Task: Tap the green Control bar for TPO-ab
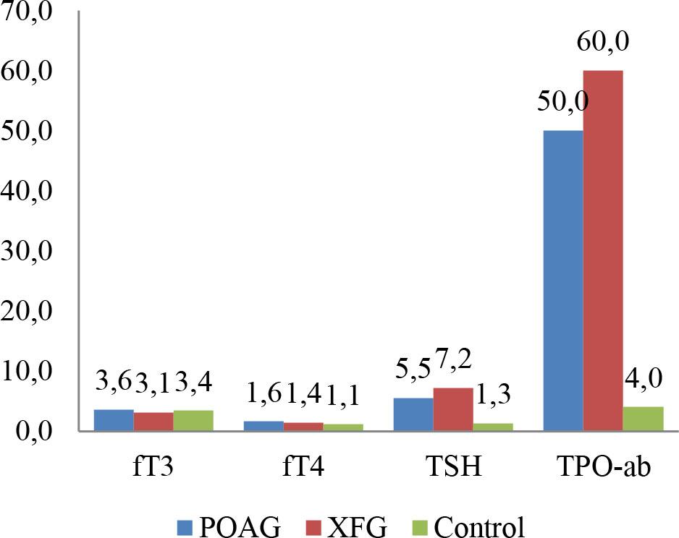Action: (643, 419)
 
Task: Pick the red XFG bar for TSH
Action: (453, 409)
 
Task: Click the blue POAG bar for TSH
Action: (413, 414)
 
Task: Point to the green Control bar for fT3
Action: (193, 421)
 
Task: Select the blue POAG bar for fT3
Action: (114, 420)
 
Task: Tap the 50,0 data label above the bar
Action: (562, 102)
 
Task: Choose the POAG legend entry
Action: (229, 526)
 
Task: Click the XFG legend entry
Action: (367, 526)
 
